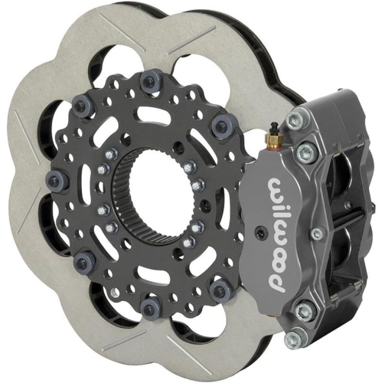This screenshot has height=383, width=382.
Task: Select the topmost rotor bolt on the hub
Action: tap(148, 80)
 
